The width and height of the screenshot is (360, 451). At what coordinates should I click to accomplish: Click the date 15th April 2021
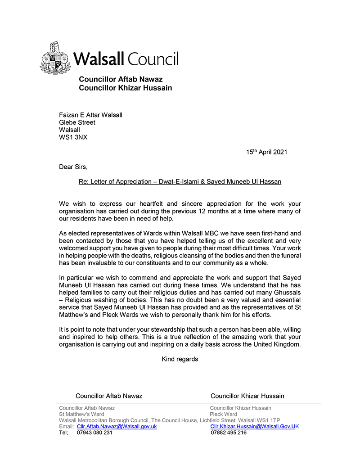click(x=266, y=152)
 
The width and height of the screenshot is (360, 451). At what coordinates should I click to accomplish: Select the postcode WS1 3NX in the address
click(x=73, y=137)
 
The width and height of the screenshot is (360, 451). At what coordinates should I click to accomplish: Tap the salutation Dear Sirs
click(x=73, y=167)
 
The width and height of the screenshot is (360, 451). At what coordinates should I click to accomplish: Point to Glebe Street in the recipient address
click(x=77, y=122)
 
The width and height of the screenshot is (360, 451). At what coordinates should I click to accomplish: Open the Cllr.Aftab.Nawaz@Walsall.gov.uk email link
click(x=117, y=426)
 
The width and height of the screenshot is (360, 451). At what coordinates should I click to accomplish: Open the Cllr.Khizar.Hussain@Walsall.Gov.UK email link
click(x=254, y=426)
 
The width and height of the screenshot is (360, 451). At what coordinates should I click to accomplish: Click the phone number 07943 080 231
click(x=94, y=433)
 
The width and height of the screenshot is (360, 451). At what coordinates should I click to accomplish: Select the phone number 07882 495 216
click(x=229, y=433)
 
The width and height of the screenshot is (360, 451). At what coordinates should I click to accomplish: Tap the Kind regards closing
click(x=180, y=359)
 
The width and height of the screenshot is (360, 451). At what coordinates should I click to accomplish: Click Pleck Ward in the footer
click(x=223, y=414)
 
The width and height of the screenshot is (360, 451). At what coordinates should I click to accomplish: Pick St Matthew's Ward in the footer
click(x=81, y=414)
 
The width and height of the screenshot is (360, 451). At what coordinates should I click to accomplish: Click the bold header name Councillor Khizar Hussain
click(x=126, y=88)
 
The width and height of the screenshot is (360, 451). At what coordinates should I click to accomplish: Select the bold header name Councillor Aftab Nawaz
click(x=121, y=80)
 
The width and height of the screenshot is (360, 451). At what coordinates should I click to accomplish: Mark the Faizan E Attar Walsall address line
click(x=90, y=115)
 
